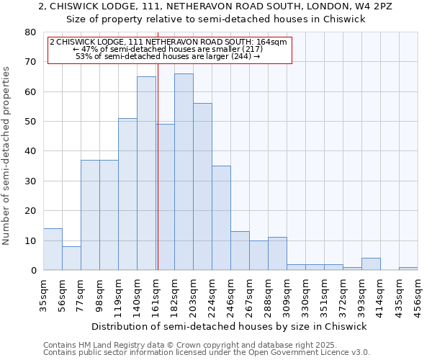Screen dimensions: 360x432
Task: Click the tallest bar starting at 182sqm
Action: coord(184,173)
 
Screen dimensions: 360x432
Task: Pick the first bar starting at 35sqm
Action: coord(53,249)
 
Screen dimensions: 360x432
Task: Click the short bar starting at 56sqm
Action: coord(71,258)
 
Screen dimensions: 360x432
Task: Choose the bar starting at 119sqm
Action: coord(127,194)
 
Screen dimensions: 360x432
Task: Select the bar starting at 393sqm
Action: coord(371,264)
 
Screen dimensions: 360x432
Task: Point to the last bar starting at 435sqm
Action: coord(408,269)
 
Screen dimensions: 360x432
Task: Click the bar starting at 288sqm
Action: coord(277,253)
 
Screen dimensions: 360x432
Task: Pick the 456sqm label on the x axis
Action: coord(419,292)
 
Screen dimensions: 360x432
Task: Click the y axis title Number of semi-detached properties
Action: coord(7,156)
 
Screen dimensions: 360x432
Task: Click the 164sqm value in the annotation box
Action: coord(274,42)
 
